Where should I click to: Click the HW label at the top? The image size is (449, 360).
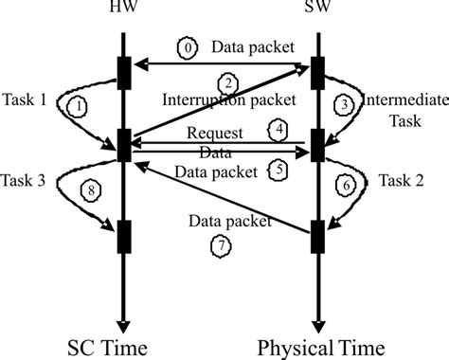(x=124, y=11)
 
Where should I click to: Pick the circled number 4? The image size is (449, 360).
(x=279, y=127)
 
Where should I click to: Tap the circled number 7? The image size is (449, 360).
(x=217, y=244)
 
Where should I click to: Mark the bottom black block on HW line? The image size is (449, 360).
(x=123, y=235)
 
